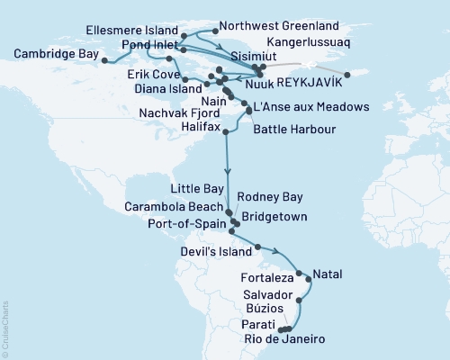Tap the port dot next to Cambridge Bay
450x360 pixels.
tap(104, 61)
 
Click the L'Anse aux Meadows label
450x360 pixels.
tap(311, 107)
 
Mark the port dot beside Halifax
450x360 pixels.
tap(226, 132)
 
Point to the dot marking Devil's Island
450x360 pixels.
tap(258, 247)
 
